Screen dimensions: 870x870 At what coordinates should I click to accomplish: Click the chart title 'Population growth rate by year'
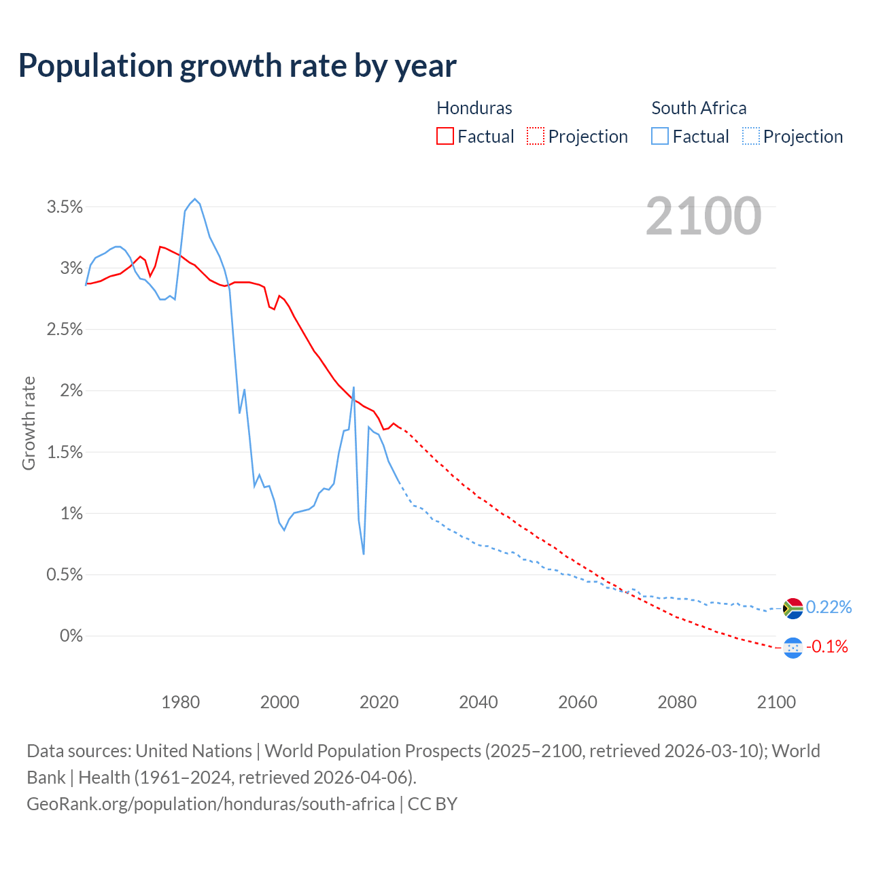click(x=237, y=66)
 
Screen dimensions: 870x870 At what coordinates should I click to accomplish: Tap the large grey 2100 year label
click(x=703, y=216)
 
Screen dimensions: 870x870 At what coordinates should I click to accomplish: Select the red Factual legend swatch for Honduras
click(x=445, y=137)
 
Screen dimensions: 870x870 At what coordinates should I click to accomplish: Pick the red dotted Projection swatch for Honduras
click(x=536, y=137)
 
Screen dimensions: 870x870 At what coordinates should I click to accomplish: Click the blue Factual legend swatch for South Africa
click(x=660, y=137)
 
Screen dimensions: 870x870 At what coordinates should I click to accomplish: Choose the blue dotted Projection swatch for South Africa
click(x=750, y=137)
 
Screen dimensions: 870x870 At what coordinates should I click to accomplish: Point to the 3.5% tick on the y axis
click(x=65, y=207)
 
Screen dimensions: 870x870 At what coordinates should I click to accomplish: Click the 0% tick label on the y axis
click(x=71, y=636)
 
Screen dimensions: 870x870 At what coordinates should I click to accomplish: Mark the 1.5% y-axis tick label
click(x=65, y=452)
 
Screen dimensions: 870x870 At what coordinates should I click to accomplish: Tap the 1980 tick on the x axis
click(x=180, y=702)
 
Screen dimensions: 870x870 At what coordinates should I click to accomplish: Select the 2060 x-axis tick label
click(x=578, y=702)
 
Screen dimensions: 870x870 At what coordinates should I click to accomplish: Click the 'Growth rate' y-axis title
click(x=29, y=423)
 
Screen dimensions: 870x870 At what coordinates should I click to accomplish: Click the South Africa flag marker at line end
click(x=793, y=608)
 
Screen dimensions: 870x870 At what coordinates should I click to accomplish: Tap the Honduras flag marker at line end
click(x=793, y=648)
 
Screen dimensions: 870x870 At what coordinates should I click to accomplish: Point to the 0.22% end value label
click(x=829, y=608)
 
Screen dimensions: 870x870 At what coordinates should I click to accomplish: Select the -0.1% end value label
click(x=827, y=647)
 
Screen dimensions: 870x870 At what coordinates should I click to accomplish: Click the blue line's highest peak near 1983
click(x=195, y=199)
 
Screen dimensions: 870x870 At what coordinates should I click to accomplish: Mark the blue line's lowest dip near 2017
click(x=364, y=553)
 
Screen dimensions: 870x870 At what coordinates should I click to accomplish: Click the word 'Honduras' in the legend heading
click(x=474, y=108)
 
